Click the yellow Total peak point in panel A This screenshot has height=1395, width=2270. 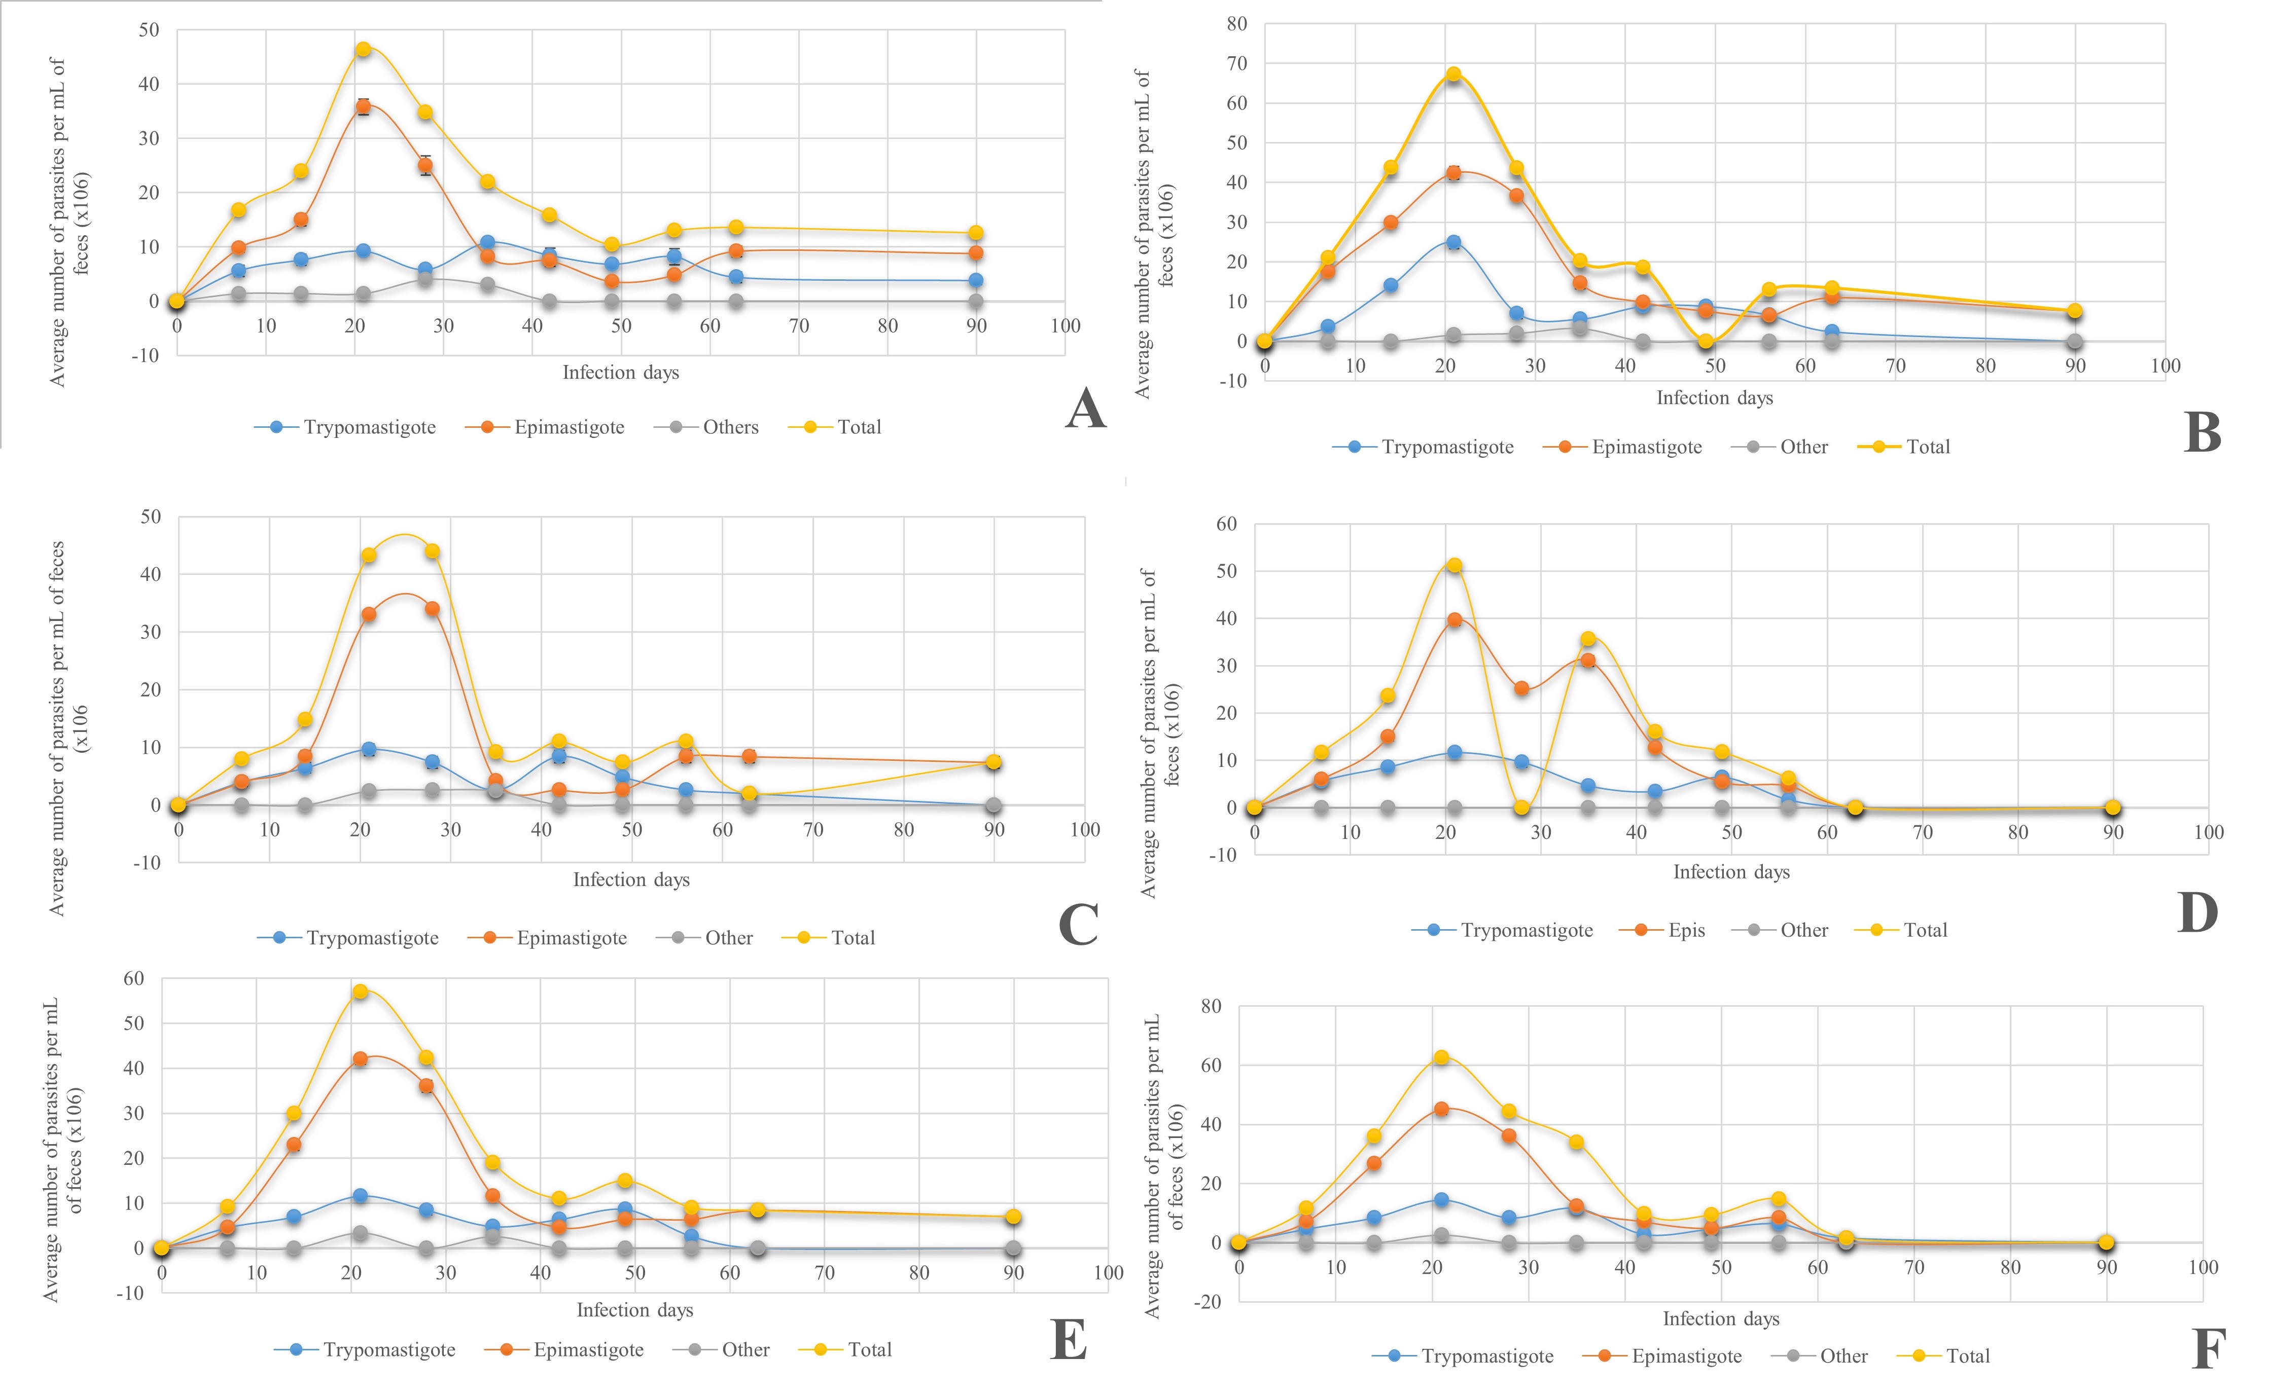click(x=363, y=49)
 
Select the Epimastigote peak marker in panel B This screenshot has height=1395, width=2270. click(x=1453, y=172)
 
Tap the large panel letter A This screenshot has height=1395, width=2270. click(x=1085, y=409)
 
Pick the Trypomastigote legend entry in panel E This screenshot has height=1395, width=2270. click(x=388, y=1350)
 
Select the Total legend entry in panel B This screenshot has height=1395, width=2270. click(x=1928, y=447)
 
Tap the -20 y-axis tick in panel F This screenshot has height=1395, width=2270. click(x=1210, y=1302)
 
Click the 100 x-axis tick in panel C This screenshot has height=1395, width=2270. click(x=1084, y=829)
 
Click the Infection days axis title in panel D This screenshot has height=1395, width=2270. click(x=1731, y=872)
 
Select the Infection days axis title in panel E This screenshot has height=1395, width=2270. click(x=635, y=1310)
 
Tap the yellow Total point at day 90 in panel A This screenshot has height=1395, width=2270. click(x=975, y=233)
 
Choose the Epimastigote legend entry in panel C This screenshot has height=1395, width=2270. click(x=571, y=938)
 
